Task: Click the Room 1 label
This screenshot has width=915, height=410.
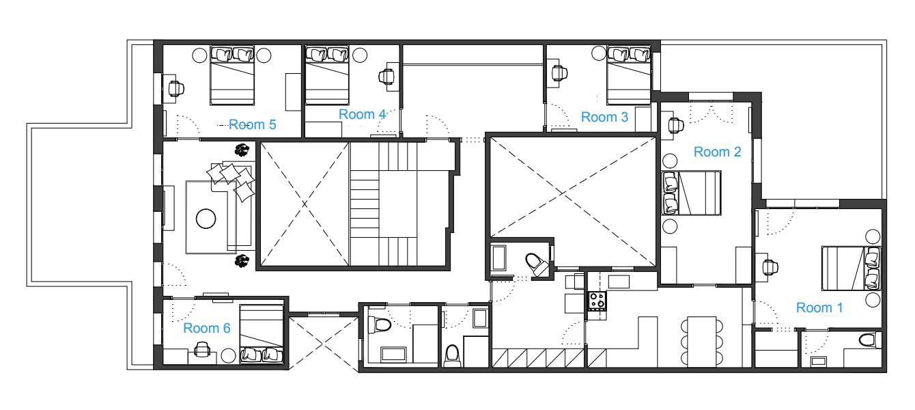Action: tap(819, 307)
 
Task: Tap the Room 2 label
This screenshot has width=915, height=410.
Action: tap(717, 152)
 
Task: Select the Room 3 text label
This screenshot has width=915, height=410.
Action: tap(604, 117)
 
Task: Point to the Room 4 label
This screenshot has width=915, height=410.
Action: tap(363, 114)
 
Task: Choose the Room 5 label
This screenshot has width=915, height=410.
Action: tap(253, 124)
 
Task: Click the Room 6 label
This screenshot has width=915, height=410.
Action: tap(207, 328)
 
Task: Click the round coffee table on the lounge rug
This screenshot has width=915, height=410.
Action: tap(206, 219)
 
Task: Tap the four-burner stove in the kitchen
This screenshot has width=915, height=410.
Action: tap(597, 301)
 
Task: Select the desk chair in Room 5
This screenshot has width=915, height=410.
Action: tap(176, 88)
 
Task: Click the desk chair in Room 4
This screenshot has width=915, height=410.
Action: tap(386, 76)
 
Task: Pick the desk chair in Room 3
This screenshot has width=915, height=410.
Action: tap(559, 73)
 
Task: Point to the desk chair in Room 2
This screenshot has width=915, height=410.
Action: tap(676, 126)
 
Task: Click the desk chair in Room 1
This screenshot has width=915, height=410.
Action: tap(770, 267)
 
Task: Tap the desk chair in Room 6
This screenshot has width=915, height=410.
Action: tap(202, 349)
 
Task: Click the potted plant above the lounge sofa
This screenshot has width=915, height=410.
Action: tap(242, 150)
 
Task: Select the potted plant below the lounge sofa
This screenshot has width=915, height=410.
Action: tap(242, 261)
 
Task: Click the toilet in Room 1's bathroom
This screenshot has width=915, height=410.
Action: tap(870, 340)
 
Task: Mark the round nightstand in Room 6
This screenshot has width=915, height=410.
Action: tap(228, 355)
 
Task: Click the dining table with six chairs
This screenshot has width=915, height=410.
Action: tap(702, 342)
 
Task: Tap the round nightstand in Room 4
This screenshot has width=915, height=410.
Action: tap(360, 55)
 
